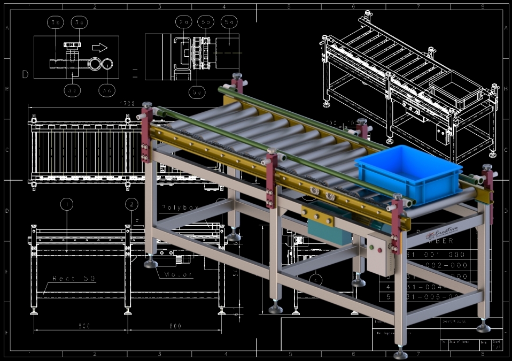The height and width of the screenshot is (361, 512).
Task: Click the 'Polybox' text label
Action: point(180,207)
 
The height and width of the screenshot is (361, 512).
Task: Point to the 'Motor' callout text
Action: point(179,274)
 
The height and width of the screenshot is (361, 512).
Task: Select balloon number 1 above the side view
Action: point(66,204)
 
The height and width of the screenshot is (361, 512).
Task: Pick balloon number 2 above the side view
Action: point(131,204)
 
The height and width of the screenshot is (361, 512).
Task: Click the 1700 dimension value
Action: point(127,103)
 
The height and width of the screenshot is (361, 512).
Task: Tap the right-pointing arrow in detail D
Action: point(100,47)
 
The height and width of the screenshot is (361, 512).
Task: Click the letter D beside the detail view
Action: point(25,74)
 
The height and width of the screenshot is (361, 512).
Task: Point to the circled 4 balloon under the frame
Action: point(316,279)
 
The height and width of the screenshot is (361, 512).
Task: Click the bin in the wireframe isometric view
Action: point(454,88)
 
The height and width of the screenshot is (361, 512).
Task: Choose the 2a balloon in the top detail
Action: point(184,22)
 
